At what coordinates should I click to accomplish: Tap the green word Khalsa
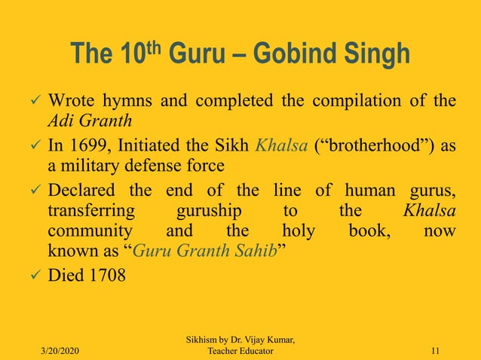(278, 145)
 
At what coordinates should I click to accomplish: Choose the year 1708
(106, 275)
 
